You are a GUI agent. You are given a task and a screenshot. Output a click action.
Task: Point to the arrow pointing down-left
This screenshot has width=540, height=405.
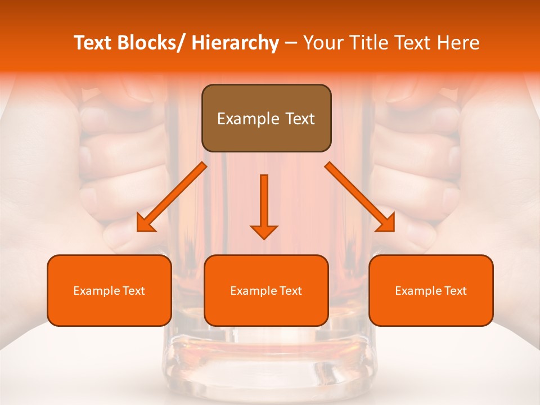[172, 197]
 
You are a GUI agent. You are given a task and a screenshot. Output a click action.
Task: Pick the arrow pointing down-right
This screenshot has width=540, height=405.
[360, 197]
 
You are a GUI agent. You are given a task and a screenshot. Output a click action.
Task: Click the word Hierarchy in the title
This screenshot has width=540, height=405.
[235, 43]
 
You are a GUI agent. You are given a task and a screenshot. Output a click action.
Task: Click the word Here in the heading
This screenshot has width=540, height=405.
[460, 43]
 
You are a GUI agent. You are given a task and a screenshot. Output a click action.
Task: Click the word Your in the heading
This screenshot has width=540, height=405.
[322, 43]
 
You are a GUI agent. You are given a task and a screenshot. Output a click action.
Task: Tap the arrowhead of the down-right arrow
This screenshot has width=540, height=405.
[386, 224]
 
